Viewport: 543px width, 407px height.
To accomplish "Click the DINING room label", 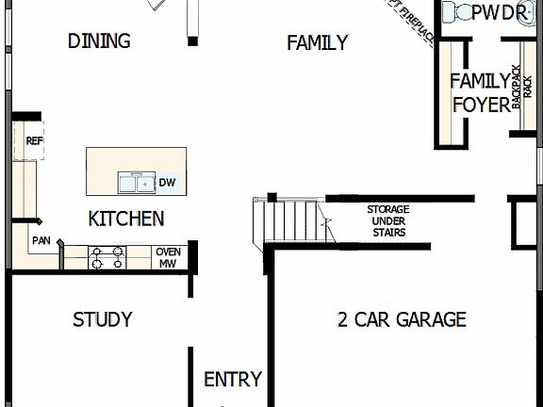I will [x=99, y=41].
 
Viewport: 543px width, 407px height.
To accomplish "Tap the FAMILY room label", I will [x=317, y=42].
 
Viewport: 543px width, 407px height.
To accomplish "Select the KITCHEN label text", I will [x=125, y=219].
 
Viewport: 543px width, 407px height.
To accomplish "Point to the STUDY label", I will [x=102, y=320].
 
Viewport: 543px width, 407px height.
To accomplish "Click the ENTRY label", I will [x=233, y=380].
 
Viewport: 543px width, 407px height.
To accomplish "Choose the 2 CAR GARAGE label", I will [x=402, y=320].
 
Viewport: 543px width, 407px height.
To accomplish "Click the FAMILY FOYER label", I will [x=480, y=92].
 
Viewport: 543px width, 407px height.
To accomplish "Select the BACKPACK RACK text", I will [x=517, y=85].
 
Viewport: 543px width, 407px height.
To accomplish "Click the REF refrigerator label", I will [x=34, y=141].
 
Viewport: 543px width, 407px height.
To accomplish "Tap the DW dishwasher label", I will [x=166, y=183].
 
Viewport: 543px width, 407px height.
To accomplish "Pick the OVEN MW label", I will [x=168, y=257].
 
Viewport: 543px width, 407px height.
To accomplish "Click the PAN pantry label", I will [x=41, y=241].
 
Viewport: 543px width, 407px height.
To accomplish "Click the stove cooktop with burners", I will [x=107, y=256].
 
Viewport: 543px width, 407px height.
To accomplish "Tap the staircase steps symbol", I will [x=288, y=220].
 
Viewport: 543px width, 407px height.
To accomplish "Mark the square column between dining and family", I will [x=192, y=41].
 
